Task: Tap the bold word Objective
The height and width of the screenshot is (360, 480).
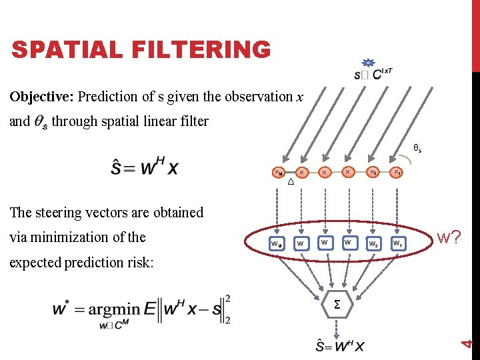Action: click(x=41, y=97)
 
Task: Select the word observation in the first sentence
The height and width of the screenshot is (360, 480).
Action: click(x=257, y=97)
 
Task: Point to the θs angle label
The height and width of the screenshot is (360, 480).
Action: click(x=417, y=149)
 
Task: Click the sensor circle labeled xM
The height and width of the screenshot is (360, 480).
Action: click(x=278, y=173)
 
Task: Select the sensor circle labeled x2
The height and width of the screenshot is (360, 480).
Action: click(x=373, y=173)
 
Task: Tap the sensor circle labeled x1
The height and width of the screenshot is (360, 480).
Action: click(x=397, y=173)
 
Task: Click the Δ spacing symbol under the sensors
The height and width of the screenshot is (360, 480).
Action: click(x=291, y=182)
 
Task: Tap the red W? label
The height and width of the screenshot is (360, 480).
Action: click(x=449, y=237)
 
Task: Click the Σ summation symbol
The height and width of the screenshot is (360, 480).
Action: click(x=337, y=305)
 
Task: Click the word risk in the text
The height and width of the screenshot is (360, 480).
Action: click(x=137, y=262)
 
